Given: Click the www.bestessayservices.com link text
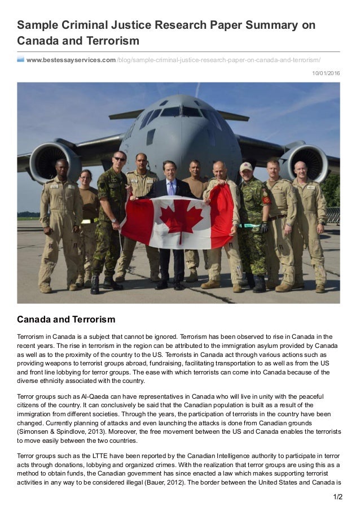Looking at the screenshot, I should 71,60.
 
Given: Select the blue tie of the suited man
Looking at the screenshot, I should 172,188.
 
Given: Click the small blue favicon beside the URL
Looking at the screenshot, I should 20,59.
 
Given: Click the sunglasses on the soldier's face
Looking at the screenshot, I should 120,159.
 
